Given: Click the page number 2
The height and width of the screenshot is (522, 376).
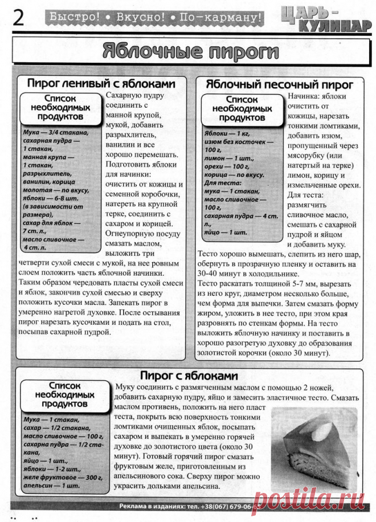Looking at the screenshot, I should click(x=18, y=18).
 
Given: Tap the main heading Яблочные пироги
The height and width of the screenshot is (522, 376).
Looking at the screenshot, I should click(x=190, y=52).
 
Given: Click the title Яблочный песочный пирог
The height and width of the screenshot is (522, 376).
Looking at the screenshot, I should click(x=279, y=84).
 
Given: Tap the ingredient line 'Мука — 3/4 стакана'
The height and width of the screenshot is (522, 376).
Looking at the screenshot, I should click(x=56, y=133).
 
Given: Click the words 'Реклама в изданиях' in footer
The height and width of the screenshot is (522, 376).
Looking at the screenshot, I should click(x=149, y=506).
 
